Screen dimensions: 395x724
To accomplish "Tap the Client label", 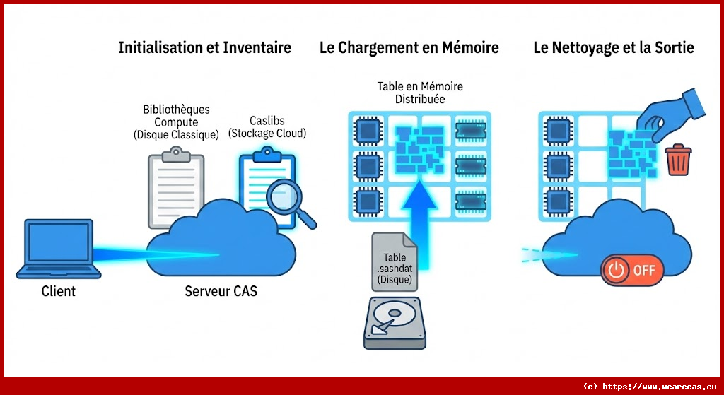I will tap(59, 291).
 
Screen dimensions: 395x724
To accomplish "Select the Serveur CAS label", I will tap(221, 291).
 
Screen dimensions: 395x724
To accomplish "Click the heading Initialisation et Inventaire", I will tap(204, 48).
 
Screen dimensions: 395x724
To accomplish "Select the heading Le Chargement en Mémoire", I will tap(409, 48).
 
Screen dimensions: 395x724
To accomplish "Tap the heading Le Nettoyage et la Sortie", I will tap(613, 48).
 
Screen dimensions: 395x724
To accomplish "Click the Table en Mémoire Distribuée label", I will tap(420, 93).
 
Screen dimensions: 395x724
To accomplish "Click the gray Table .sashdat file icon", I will tap(395, 261).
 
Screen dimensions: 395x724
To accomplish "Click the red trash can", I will tap(679, 160).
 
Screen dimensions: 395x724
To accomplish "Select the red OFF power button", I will tap(631, 270).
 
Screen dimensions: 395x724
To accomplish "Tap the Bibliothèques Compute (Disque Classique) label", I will tap(176, 122).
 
